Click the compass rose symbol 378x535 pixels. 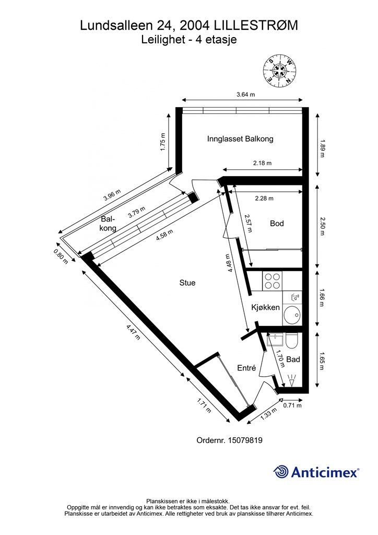click(x=279, y=71)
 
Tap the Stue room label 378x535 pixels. click(x=187, y=283)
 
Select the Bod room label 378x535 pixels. click(x=277, y=224)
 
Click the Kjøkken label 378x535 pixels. click(x=266, y=307)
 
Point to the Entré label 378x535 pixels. click(x=246, y=368)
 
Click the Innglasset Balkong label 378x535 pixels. click(x=240, y=139)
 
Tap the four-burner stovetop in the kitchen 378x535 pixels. click(x=273, y=281)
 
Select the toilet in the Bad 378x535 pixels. click(x=292, y=341)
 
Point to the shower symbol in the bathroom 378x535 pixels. click(x=292, y=380)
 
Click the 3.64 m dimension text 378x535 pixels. click(x=246, y=95)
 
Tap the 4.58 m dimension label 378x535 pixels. click(x=164, y=235)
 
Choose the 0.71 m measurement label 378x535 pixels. click(x=292, y=405)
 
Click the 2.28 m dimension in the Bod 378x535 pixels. click(x=264, y=198)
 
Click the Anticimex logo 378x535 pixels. click(x=316, y=472)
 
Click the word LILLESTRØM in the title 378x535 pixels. click(x=256, y=26)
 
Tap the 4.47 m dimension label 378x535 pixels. click(x=133, y=331)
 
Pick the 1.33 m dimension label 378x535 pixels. click(x=268, y=414)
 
